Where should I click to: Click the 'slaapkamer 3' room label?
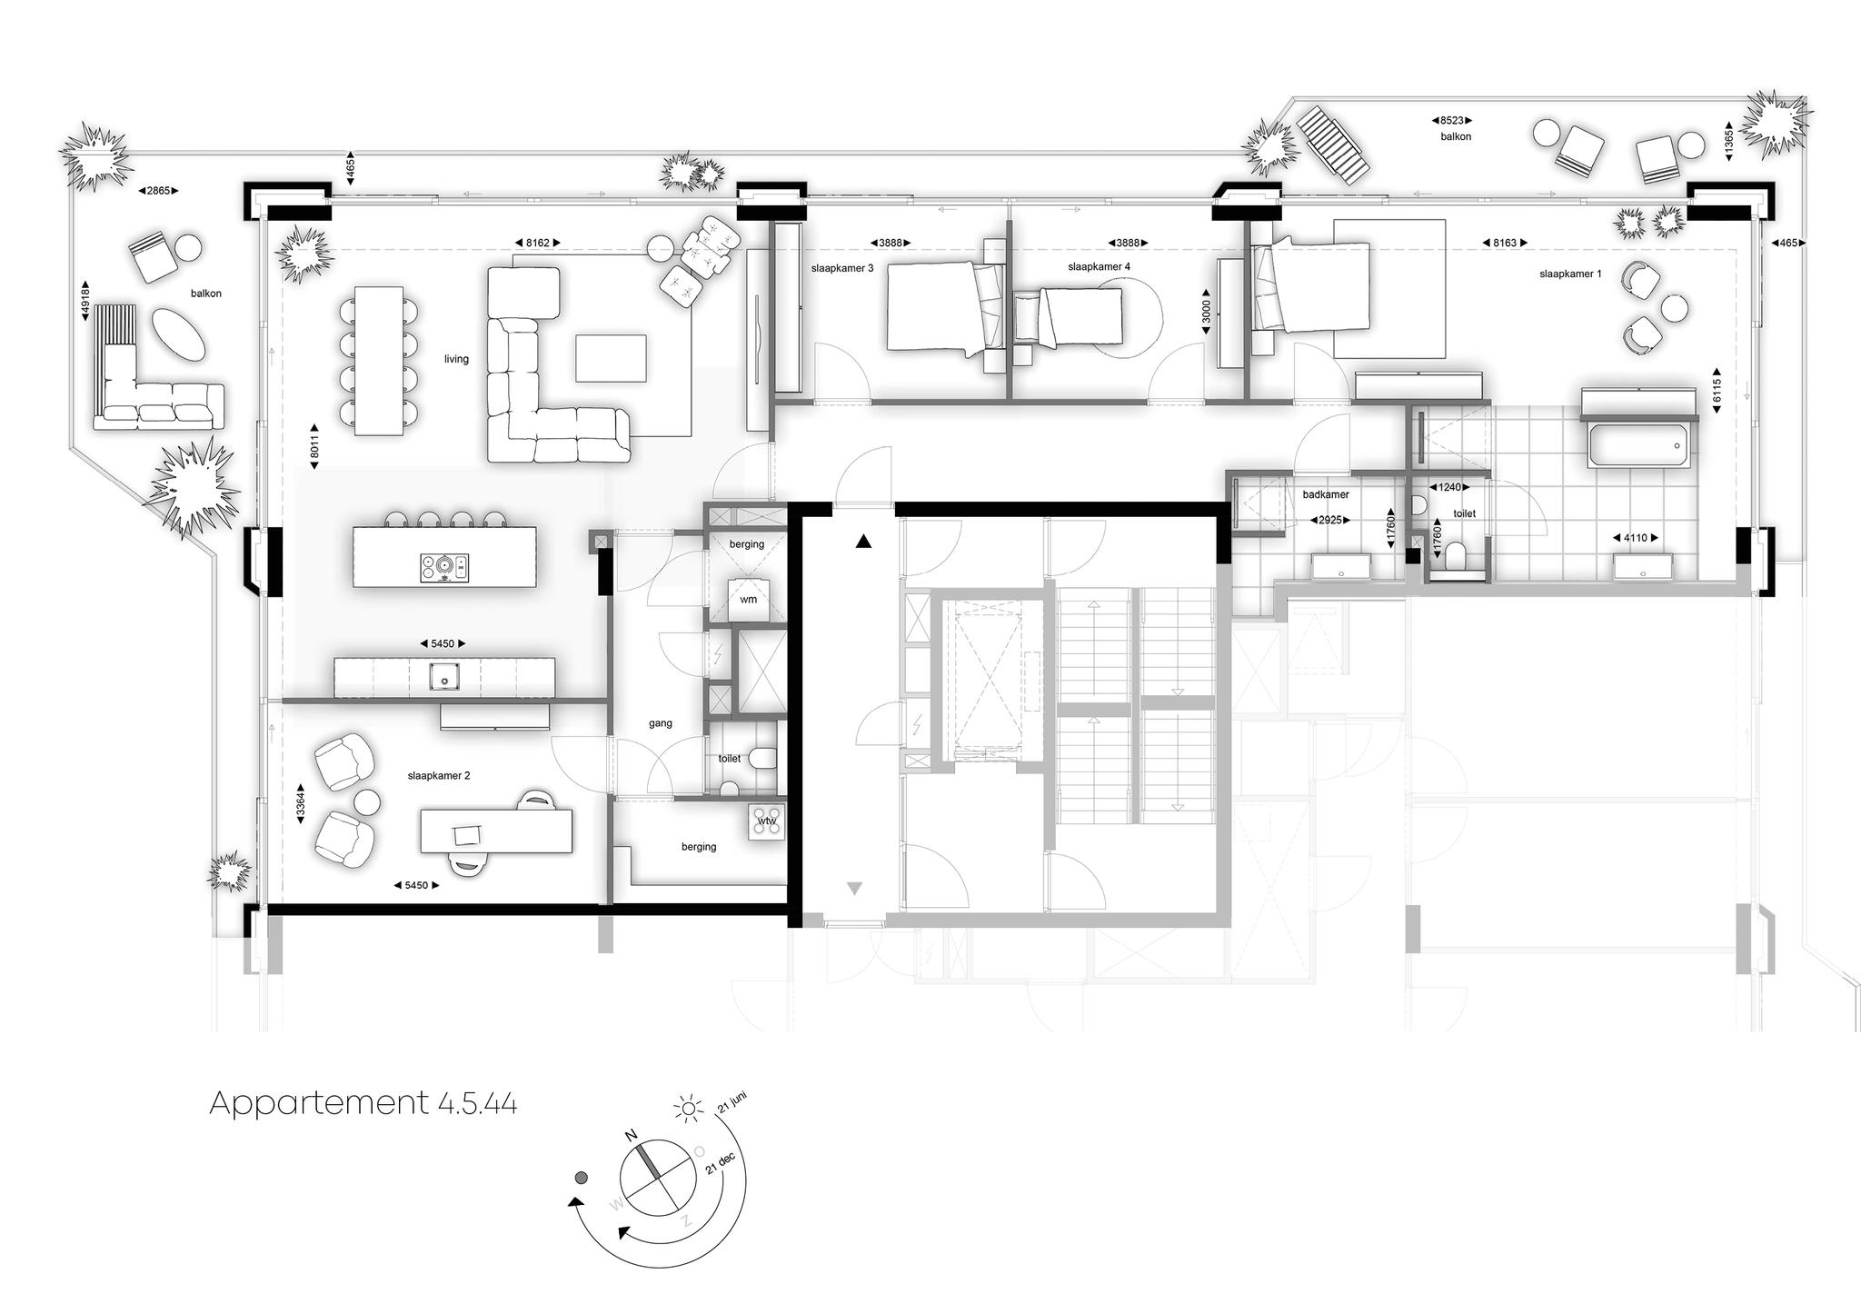pyautogui.click(x=842, y=268)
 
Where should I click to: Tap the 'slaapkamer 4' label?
pyautogui.click(x=1100, y=267)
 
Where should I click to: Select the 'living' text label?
pyautogui.click(x=456, y=359)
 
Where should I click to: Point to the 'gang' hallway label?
pyautogui.click(x=661, y=723)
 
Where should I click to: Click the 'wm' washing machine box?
pyautogui.click(x=748, y=600)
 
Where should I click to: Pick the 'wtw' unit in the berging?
pyautogui.click(x=768, y=822)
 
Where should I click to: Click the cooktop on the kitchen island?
pyautogui.click(x=444, y=568)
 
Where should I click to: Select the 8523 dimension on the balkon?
pyautogui.click(x=1452, y=120)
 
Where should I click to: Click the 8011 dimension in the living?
pyautogui.click(x=313, y=446)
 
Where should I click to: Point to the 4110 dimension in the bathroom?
pyautogui.click(x=1635, y=538)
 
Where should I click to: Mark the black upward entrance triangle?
pyautogui.click(x=863, y=543)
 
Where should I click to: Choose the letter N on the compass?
pyautogui.click(x=630, y=1136)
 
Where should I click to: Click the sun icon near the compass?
pyautogui.click(x=688, y=1108)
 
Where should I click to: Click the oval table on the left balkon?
pyautogui.click(x=178, y=334)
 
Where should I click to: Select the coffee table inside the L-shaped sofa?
pyautogui.click(x=611, y=358)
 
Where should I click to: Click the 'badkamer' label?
pyautogui.click(x=1326, y=495)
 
